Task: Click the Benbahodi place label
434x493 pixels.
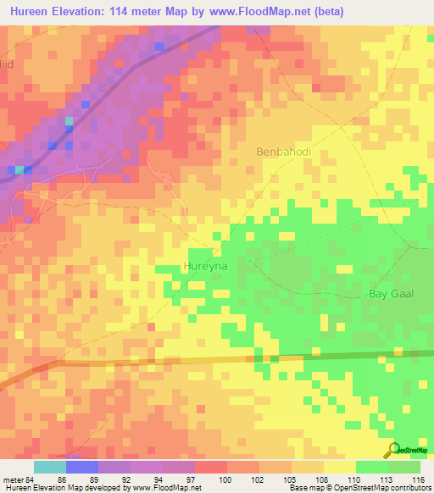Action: point(284,152)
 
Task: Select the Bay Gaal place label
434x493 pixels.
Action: point(388,294)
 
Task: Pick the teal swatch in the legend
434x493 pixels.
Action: point(49,467)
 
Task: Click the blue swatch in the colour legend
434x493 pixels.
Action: point(81,467)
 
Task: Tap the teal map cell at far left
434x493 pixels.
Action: point(19,170)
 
